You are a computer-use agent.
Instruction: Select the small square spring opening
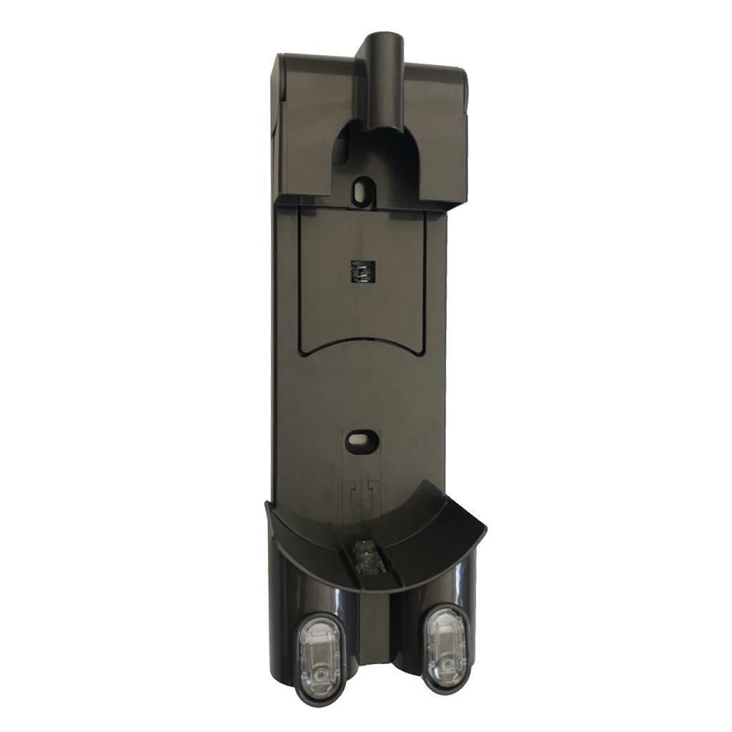click(x=363, y=272)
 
